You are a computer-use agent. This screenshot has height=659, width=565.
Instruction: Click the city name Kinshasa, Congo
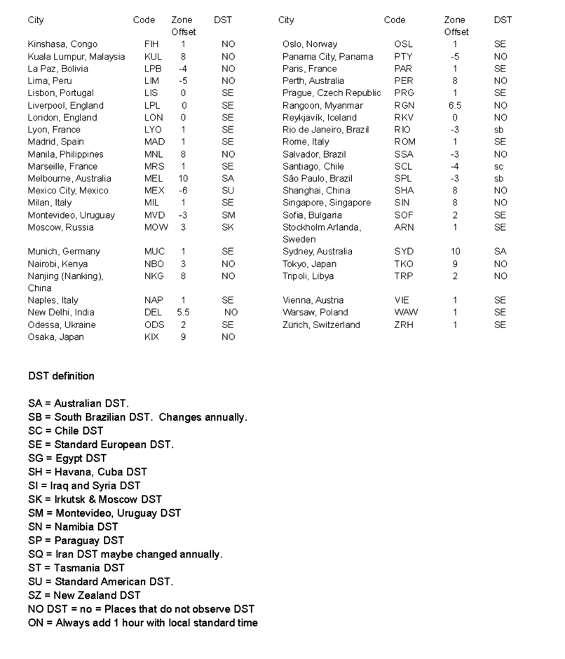coord(62,44)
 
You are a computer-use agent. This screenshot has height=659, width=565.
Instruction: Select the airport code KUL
coord(153,57)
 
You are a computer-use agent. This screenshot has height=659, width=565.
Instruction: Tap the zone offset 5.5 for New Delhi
coord(184,313)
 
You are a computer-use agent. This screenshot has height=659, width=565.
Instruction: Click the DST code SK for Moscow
coord(228,227)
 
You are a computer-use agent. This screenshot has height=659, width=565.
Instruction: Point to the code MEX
coord(155,191)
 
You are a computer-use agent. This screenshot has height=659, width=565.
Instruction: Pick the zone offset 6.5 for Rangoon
coord(455,105)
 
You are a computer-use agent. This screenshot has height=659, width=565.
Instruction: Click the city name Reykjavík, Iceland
coord(319,118)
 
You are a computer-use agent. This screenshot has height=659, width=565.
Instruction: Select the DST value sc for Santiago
coord(498,167)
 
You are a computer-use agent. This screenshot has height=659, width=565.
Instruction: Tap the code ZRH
coord(404,325)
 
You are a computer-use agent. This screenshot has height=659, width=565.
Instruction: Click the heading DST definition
coord(61,376)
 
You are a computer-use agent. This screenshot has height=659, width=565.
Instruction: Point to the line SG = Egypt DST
coord(67,458)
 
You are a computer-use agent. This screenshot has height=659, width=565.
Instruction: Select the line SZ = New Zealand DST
coord(84,595)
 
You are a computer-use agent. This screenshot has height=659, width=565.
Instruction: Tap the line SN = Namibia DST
coord(73,526)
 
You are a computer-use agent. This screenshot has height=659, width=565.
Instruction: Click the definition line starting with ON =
coord(142,623)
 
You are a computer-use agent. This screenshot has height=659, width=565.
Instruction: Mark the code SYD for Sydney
coord(404,252)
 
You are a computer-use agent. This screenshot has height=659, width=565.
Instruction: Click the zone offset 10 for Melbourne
coord(183,179)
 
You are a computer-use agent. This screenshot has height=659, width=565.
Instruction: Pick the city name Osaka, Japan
coord(55,337)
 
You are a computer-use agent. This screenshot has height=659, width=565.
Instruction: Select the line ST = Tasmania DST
coord(76,568)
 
